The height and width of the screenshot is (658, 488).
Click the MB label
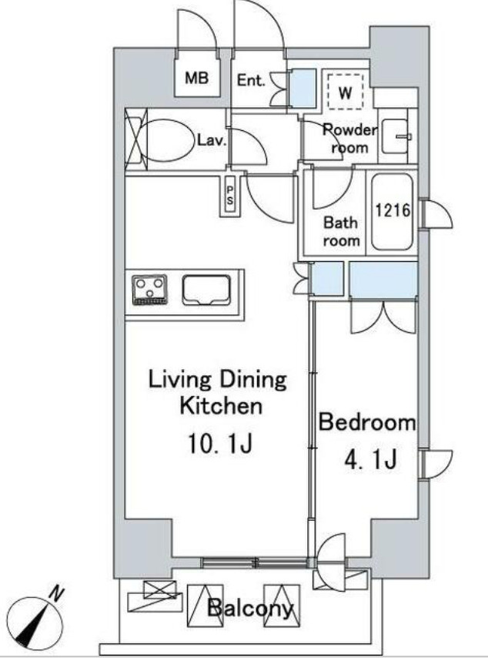[196, 78]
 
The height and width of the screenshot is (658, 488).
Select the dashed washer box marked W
[345, 92]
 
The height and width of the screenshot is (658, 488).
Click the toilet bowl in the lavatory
[169, 139]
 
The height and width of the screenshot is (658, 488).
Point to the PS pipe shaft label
[229, 195]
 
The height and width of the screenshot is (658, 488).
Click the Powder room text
[349, 139]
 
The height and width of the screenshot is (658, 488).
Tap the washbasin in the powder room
[396, 137]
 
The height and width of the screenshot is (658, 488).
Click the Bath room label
[341, 231]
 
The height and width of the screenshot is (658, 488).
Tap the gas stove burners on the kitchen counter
[149, 290]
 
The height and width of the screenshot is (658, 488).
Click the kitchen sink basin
[206, 290]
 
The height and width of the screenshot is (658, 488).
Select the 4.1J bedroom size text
[370, 460]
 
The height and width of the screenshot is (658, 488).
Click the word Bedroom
[367, 422]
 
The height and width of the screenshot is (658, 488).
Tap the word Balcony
[250, 607]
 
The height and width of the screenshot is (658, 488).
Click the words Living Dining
[218, 381]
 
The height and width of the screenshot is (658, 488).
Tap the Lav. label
[212, 140]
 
